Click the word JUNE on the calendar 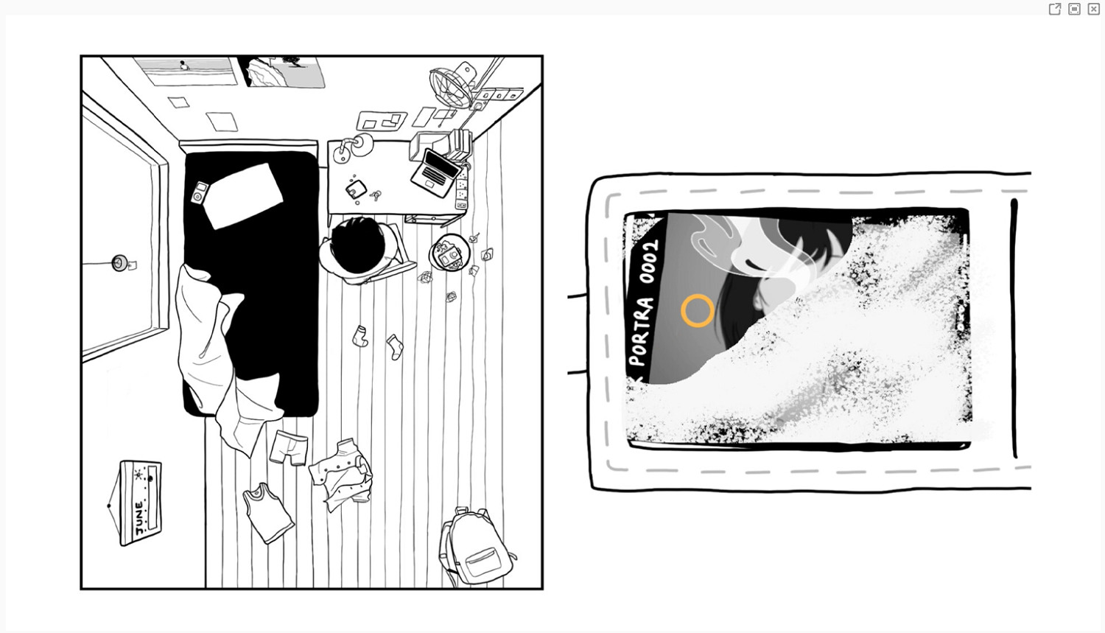140,520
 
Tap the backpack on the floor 476,546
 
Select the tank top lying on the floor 268,513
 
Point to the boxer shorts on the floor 290,448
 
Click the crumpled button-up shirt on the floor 341,475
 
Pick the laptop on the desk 435,172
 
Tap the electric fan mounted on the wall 453,85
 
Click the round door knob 120,262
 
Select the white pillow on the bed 242,196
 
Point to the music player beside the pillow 200,192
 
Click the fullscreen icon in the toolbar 1074,9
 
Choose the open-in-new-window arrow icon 1055,9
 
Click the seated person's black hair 358,245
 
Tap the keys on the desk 376,195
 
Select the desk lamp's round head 363,144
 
